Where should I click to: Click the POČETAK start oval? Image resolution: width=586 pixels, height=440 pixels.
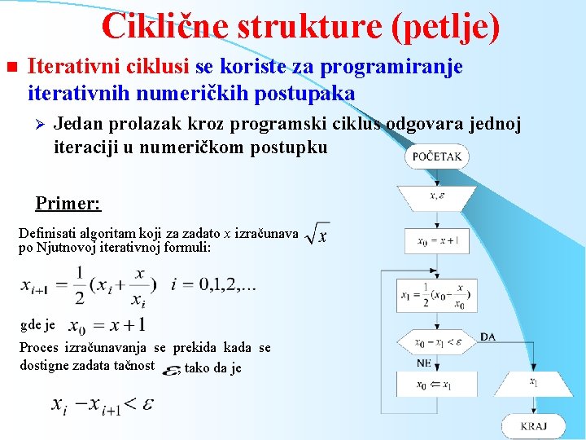pos(437,156)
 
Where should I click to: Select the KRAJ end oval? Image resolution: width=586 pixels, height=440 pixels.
pos(533,425)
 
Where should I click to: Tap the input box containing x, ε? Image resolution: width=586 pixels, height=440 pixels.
pos(436,196)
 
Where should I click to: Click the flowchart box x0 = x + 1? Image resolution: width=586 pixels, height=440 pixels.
pos(437,240)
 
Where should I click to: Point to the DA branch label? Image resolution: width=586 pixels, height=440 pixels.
pos(488,337)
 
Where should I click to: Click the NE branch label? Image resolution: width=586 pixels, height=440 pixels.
pos(424,363)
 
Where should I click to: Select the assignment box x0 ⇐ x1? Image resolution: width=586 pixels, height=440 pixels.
pos(436,385)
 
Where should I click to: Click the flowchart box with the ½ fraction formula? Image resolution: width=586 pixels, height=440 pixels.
pos(436,295)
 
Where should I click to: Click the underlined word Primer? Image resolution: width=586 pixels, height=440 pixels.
pos(68,203)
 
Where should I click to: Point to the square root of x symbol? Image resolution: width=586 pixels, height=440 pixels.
pos(317,235)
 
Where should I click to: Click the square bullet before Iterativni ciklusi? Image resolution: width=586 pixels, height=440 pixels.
pos(11,67)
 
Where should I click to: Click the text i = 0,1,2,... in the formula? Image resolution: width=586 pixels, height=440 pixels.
pos(214,285)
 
